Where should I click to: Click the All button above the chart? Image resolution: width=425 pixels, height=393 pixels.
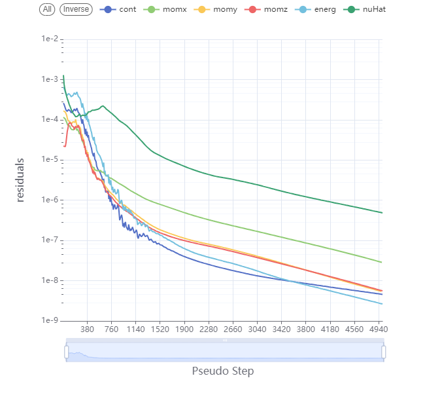47,9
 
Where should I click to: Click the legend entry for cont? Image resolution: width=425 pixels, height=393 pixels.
119,9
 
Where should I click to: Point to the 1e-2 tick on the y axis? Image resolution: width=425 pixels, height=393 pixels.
49,40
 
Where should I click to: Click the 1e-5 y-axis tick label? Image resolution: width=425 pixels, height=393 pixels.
49,160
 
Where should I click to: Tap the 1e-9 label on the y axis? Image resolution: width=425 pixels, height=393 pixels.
49,320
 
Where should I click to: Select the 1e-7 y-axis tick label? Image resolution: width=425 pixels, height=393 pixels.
49,240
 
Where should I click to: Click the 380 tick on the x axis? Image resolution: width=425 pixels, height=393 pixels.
87,330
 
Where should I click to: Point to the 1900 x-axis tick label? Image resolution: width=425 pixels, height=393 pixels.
185,330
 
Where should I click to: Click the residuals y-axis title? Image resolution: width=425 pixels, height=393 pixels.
20,179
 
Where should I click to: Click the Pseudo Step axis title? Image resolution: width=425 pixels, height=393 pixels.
223,371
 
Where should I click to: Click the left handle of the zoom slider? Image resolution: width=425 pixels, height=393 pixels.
66,352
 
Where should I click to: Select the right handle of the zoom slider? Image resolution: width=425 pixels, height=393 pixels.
383,352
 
